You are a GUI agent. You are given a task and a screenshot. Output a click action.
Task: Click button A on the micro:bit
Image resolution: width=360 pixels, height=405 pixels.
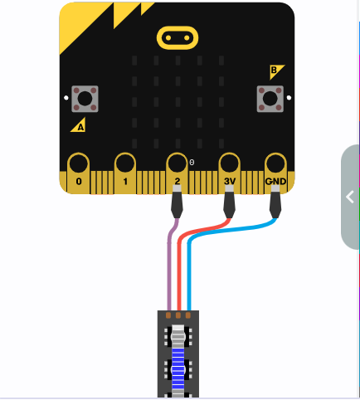pos(85,99)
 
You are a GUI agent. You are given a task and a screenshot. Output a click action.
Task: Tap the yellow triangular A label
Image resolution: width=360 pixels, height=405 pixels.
pos(80,126)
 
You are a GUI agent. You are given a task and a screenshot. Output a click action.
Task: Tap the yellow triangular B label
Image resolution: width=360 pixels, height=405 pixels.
pos(275,71)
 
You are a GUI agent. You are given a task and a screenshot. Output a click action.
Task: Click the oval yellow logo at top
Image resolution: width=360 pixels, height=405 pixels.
pos(178,38)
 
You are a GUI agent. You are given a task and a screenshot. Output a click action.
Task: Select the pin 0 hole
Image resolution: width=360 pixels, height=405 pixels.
pos(79,163)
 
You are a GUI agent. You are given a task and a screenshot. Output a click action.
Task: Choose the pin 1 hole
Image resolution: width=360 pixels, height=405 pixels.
pos(125,163)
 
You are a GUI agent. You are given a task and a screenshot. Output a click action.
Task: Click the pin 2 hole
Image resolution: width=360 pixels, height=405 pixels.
pos(177,163)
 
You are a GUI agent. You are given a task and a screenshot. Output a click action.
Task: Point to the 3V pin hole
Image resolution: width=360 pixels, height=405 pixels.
pos(229,163)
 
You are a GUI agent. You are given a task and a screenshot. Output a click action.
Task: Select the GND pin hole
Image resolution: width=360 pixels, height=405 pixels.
pos(275,163)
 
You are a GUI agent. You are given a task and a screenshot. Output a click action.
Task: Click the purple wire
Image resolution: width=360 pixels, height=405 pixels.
pos(169,263)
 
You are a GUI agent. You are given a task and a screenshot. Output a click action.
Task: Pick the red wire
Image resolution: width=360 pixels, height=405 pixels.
pos(179,263)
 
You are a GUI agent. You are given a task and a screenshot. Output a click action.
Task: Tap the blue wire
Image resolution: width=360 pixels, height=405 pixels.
pos(189,263)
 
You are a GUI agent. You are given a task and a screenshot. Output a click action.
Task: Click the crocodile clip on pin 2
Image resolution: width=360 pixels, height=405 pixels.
pos(177,202)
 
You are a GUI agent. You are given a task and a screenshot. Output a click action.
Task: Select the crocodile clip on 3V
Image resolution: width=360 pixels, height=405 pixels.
pos(229,202)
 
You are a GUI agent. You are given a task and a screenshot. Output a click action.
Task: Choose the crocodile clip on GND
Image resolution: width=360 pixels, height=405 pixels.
pos(275,202)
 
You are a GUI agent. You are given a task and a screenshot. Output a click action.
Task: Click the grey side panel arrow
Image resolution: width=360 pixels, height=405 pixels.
pos(350,198)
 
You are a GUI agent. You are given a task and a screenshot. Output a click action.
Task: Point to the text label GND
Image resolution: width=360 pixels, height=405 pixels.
pos(275,182)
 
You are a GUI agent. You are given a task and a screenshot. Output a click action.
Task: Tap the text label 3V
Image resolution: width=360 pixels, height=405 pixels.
pos(230,182)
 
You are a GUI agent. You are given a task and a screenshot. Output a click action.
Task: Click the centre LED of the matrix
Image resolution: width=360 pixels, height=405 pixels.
pos(178,102)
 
